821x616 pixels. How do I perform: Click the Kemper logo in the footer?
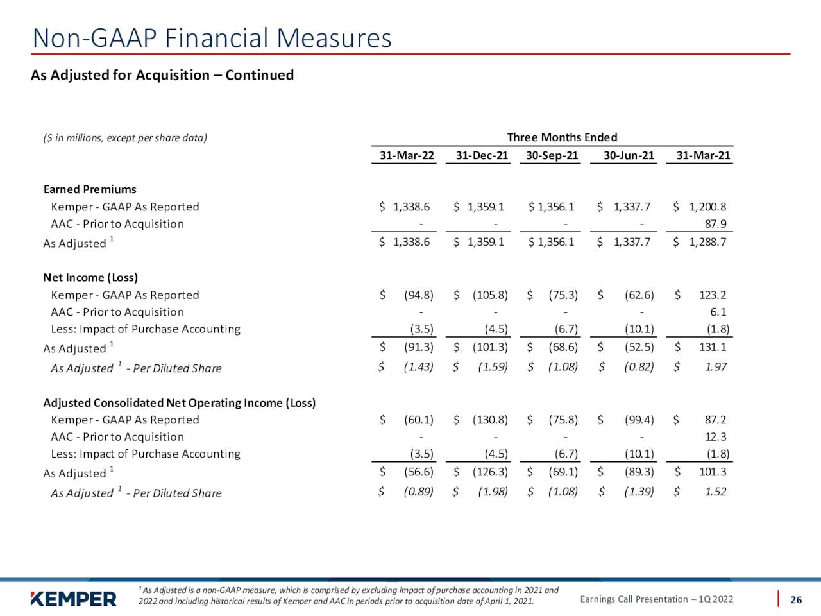[x=73, y=599]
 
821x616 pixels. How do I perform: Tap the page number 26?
[x=796, y=600]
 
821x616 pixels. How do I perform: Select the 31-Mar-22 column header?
[x=407, y=155]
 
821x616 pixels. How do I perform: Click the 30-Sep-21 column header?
[x=552, y=155]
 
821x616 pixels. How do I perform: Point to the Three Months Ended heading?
[x=562, y=137]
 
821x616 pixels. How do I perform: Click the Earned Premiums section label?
[x=90, y=189]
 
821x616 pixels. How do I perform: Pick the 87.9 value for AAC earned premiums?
[x=716, y=224]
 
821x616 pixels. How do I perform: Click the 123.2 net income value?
[x=713, y=295]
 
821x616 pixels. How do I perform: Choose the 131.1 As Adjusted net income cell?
[x=713, y=347]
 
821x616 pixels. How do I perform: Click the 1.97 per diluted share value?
[x=716, y=366]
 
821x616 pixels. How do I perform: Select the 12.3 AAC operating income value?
[x=716, y=436]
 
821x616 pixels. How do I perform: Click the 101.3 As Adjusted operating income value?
[x=713, y=472]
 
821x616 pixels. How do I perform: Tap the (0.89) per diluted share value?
[x=419, y=492]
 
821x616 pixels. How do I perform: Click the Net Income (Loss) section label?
[x=90, y=277]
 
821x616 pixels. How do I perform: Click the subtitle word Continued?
[x=260, y=75]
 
